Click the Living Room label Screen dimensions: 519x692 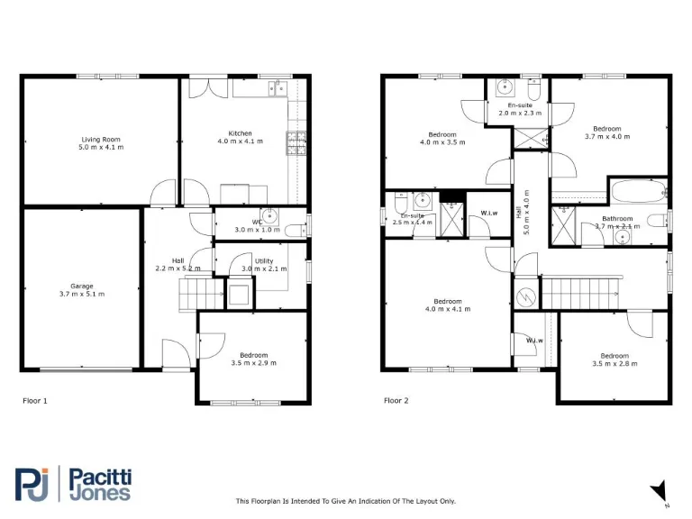101,140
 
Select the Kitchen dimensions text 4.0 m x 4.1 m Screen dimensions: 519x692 240,141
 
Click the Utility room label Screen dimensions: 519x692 263,261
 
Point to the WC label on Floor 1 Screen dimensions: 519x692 257,222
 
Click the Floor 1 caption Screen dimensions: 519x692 34,400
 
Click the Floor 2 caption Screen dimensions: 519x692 396,400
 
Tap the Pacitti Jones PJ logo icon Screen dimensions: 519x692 32,483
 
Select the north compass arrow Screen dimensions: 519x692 659,490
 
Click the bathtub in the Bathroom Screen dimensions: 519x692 636,192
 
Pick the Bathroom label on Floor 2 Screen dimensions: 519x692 617,219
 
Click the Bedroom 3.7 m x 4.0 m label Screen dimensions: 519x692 606,129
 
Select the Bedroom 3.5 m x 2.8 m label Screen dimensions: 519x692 615,355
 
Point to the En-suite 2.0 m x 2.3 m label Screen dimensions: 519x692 520,105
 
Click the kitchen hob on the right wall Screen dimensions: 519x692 296,142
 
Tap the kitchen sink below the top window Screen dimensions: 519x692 275,88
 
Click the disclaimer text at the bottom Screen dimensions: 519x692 346,501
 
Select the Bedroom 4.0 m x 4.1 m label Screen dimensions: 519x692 448,301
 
